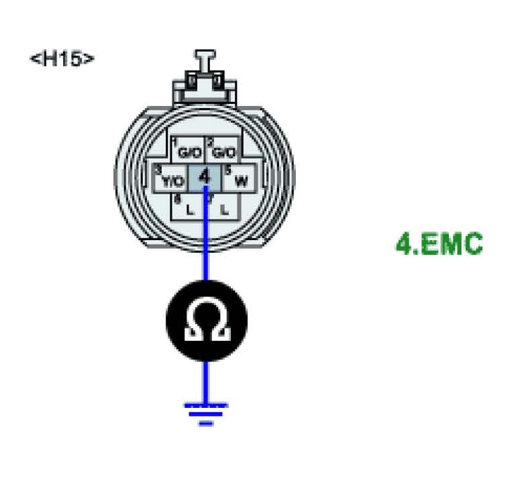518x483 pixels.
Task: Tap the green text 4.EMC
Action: click(439, 244)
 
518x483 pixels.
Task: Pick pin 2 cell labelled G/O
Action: click(221, 152)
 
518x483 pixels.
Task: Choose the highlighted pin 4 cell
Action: click(205, 179)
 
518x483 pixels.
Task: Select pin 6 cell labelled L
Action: click(188, 207)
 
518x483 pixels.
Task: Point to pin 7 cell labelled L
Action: click(221, 207)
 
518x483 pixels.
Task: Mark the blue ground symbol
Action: click(206, 413)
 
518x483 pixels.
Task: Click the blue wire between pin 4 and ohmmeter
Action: click(205, 248)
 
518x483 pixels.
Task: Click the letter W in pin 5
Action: click(242, 181)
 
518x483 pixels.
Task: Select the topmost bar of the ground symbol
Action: click(206, 405)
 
